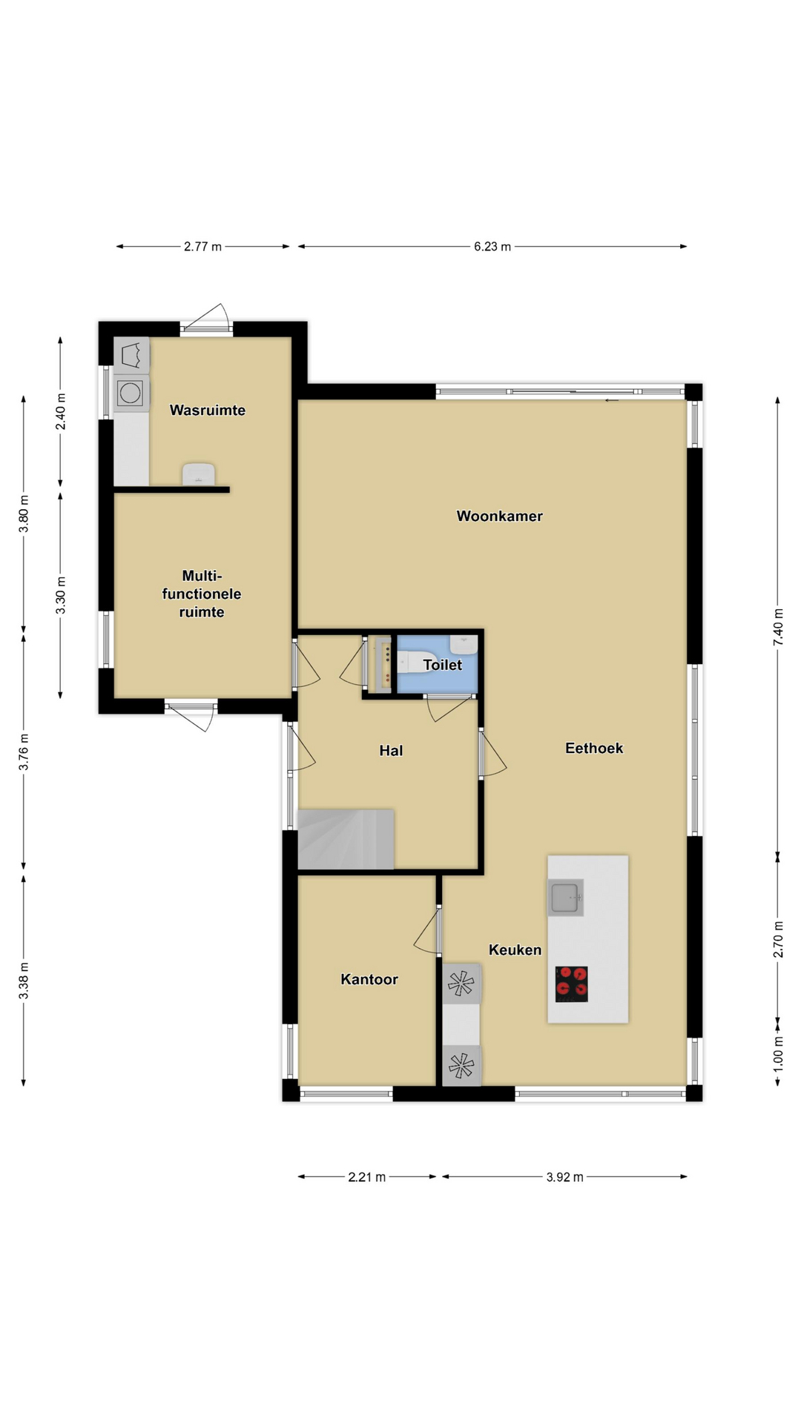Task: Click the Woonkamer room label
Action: pyautogui.click(x=499, y=516)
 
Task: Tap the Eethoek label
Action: pyautogui.click(x=594, y=748)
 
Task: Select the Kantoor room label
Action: pyautogui.click(x=369, y=979)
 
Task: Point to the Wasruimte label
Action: pyautogui.click(x=208, y=410)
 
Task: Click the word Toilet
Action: pyautogui.click(x=443, y=665)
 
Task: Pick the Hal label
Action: pyautogui.click(x=391, y=751)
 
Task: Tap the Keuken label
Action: pyautogui.click(x=515, y=949)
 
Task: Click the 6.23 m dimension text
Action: pyautogui.click(x=492, y=247)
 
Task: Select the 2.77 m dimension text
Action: pyautogui.click(x=202, y=247)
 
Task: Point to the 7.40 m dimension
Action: pyautogui.click(x=778, y=627)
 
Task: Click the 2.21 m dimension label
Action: pyautogui.click(x=366, y=1177)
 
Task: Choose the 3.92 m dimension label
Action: pyautogui.click(x=564, y=1177)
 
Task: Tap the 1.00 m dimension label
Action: pyautogui.click(x=778, y=1051)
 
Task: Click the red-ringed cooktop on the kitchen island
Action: pyautogui.click(x=572, y=984)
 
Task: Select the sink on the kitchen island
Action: pyautogui.click(x=566, y=898)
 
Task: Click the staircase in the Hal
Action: pyautogui.click(x=346, y=839)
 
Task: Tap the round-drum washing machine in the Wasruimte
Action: pyautogui.click(x=131, y=393)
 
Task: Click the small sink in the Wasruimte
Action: pyautogui.click(x=199, y=474)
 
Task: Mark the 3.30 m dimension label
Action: pyautogui.click(x=61, y=596)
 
